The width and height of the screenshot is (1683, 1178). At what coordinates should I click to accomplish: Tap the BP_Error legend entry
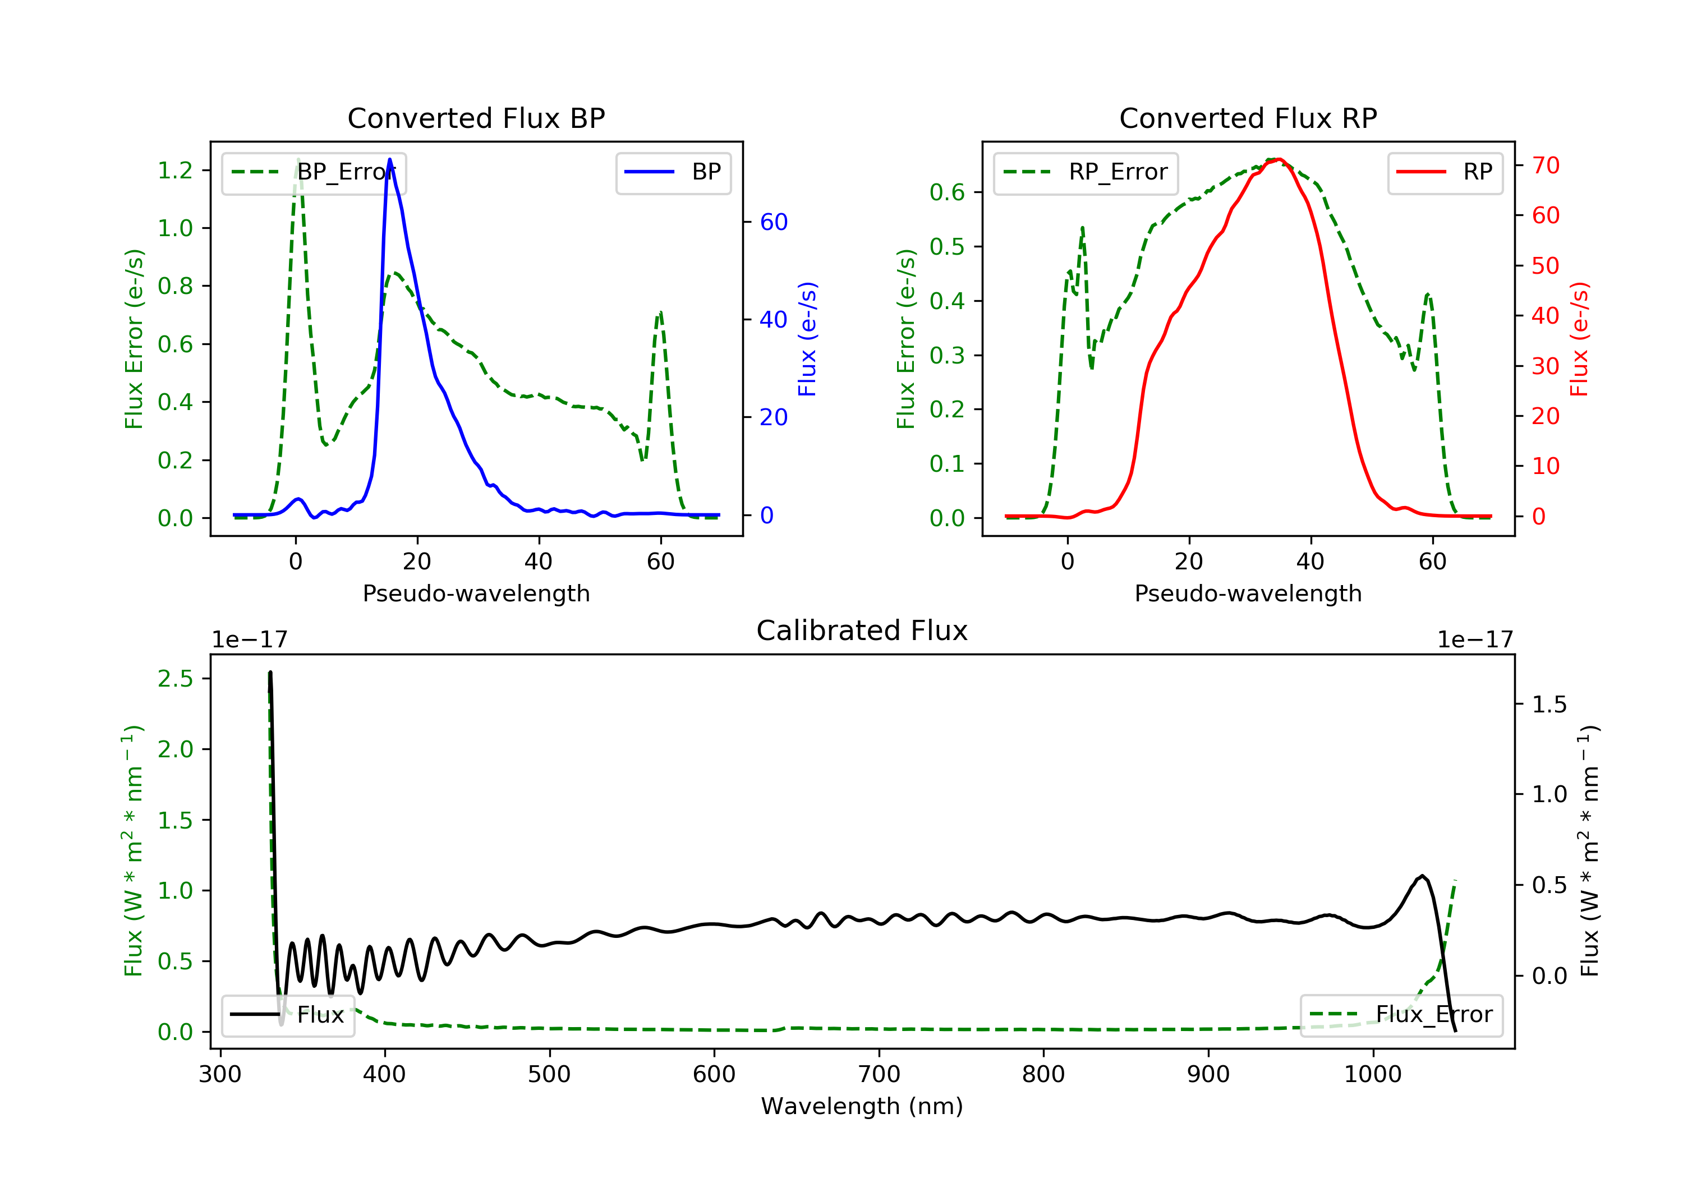[x=314, y=172]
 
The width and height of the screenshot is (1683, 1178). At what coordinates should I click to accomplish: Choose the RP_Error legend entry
[x=1085, y=172]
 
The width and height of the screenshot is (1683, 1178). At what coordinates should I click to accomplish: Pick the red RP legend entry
[x=1444, y=172]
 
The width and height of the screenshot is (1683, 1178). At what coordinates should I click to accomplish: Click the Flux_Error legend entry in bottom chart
[x=1401, y=1015]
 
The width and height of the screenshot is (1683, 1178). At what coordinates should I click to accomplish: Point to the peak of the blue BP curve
[x=389, y=159]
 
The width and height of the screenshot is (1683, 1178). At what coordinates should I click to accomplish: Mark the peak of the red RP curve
[x=1279, y=159]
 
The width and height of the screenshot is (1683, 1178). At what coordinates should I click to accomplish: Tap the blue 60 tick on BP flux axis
[x=773, y=222]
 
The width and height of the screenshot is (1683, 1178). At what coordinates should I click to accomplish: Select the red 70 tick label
[x=1545, y=165]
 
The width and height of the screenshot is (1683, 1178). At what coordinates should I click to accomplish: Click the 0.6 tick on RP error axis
[x=947, y=193]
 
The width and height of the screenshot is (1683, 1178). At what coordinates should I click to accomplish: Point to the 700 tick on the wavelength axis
[x=879, y=1075]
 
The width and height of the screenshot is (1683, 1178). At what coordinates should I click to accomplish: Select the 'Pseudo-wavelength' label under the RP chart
[x=1248, y=593]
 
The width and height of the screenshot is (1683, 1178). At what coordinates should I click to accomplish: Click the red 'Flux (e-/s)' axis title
[x=1579, y=339]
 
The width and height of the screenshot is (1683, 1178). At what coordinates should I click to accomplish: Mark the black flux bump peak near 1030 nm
[x=1422, y=876]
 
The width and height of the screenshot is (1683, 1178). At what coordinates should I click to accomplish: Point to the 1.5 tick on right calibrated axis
[x=1549, y=705]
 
